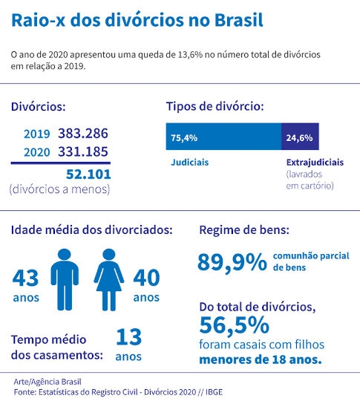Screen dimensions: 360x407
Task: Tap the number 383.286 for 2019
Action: tap(83, 134)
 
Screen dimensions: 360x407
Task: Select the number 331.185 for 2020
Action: tap(83, 152)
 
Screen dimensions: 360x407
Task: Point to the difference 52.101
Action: tap(88, 175)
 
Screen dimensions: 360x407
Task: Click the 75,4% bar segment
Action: tap(223, 137)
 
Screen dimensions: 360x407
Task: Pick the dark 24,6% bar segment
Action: tap(300, 137)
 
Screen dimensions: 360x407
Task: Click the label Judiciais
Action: tap(189, 163)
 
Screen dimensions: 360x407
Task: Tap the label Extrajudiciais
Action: tap(315, 163)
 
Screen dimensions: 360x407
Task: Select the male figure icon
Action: tap(65, 279)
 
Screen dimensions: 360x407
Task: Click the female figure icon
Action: tap(109, 280)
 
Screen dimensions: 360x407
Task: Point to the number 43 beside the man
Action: tap(25, 278)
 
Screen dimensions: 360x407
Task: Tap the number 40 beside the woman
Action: tap(146, 278)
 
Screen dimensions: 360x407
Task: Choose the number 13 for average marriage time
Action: tap(128, 337)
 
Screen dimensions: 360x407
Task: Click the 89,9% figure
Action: tap(232, 262)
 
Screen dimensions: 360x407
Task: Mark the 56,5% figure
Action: tap(235, 325)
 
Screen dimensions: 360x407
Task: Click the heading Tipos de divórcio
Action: tap(215, 106)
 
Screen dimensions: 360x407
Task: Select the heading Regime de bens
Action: tap(244, 230)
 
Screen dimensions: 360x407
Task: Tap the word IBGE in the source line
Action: tap(214, 392)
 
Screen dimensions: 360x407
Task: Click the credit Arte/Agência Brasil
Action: tap(48, 382)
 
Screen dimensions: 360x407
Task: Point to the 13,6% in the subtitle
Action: tap(190, 55)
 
